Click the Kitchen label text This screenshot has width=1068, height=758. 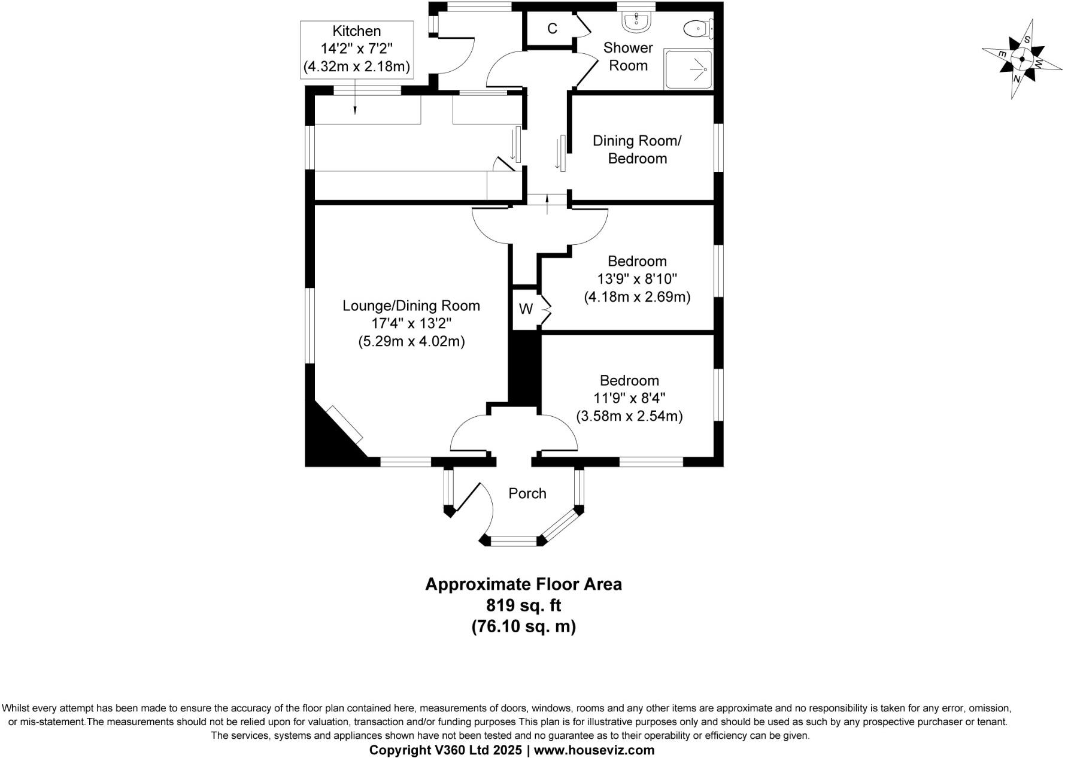[x=356, y=31]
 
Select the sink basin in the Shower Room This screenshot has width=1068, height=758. [x=635, y=22]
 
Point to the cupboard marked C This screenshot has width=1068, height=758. [x=552, y=28]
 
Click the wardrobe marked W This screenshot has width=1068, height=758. [x=526, y=309]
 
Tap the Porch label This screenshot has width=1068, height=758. [x=527, y=493]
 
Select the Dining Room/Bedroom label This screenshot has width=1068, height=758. [x=637, y=150]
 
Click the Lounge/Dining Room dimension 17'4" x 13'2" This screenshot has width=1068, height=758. [x=411, y=323]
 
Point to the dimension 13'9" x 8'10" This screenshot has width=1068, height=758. [x=637, y=278]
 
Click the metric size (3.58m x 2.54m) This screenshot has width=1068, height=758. [x=629, y=416]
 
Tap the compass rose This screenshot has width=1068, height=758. [x=1021, y=59]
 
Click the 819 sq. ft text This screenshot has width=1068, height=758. [x=524, y=605]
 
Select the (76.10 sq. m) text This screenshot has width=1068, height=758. [x=524, y=626]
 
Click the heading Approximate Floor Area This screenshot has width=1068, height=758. [x=524, y=584]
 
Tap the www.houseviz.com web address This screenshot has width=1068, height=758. [x=594, y=750]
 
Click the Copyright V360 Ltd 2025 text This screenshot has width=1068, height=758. [x=447, y=750]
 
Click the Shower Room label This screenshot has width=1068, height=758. [x=628, y=56]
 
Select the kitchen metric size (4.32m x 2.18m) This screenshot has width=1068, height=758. [x=356, y=66]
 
